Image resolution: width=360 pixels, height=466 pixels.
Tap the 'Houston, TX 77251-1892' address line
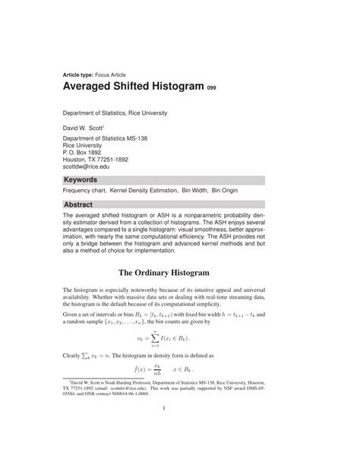tap(106, 159)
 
